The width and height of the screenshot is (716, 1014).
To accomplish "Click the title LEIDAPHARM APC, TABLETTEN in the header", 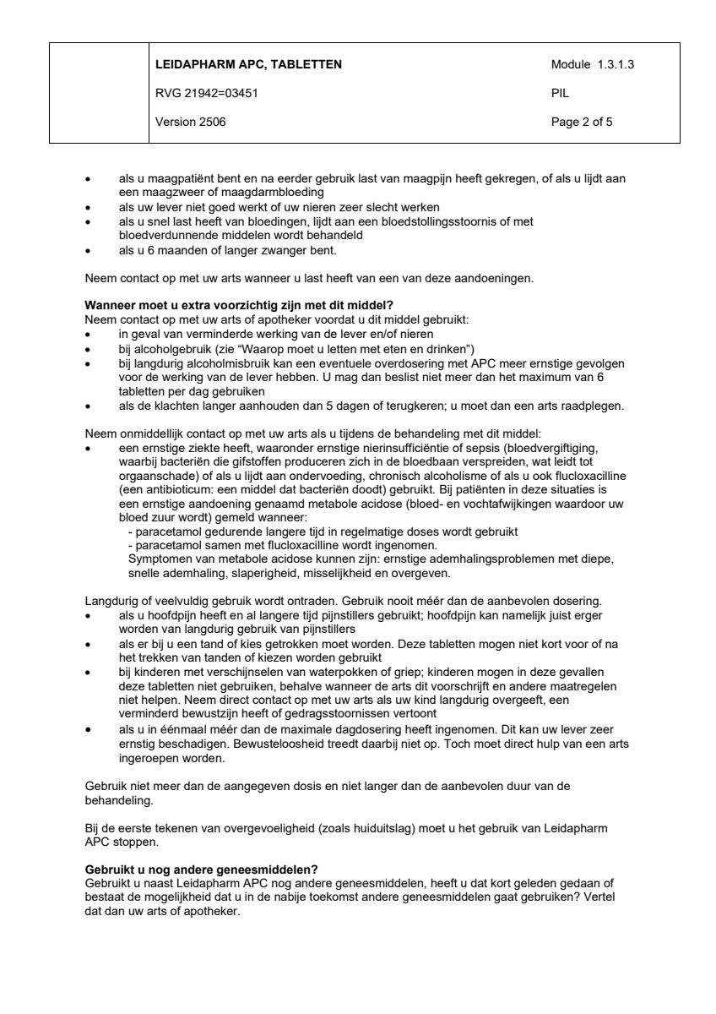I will pos(248,64).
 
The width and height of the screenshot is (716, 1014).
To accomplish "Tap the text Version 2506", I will pos(190,122).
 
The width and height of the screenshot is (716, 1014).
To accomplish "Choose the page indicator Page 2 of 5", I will pos(582,122).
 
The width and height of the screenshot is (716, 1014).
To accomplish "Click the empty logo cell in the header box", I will pos(99,93).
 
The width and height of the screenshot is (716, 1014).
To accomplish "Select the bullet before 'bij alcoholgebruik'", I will pos(89,348).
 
